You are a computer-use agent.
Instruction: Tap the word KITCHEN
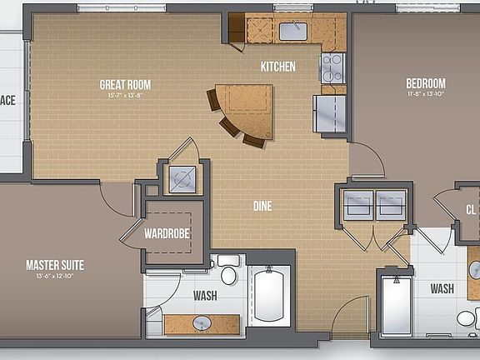click(x=277, y=67)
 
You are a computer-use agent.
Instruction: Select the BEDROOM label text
click(x=425, y=83)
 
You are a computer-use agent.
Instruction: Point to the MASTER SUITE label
click(x=54, y=266)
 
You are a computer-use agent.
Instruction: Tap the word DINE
click(x=263, y=206)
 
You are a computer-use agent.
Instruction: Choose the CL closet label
click(x=471, y=209)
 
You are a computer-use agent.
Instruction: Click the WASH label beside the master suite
click(x=206, y=295)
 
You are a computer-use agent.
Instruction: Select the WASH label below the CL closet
click(x=442, y=289)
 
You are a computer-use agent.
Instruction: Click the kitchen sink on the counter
click(x=292, y=32)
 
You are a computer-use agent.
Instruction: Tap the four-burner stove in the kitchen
click(x=332, y=66)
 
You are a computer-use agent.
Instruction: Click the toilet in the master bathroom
click(x=229, y=272)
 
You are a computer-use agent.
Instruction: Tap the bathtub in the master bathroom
click(x=271, y=295)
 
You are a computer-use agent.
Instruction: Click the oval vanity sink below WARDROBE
click(x=201, y=322)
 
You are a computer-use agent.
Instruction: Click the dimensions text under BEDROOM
click(x=425, y=94)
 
